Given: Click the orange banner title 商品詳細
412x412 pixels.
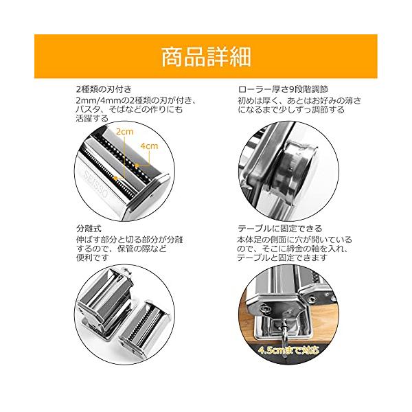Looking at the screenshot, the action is point(206,57).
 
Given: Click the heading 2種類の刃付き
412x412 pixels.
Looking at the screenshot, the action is point(104,89).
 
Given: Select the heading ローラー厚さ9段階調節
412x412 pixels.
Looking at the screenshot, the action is point(283,89).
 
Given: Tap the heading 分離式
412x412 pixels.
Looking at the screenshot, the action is point(89,229).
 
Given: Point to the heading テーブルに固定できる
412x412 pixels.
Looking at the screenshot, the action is point(280,229).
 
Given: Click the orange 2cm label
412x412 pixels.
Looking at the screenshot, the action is point(125,131).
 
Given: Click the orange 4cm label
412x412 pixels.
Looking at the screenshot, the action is point(149,146).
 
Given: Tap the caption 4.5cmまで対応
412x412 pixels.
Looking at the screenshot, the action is point(288,350).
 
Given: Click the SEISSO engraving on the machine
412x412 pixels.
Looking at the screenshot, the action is point(95,183).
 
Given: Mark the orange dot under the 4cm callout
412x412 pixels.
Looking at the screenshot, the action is point(137,165).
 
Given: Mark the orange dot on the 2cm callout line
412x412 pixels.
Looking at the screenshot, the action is point(115,179).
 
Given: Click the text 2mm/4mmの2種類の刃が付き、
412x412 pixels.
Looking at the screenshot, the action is point(136,101).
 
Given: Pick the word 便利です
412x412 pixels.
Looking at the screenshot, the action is point(92,257).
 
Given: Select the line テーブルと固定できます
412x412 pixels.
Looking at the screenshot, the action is point(282,257).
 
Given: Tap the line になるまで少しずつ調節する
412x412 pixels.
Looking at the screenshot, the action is point(291,110).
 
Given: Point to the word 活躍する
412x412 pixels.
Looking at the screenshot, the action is point(92,118).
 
